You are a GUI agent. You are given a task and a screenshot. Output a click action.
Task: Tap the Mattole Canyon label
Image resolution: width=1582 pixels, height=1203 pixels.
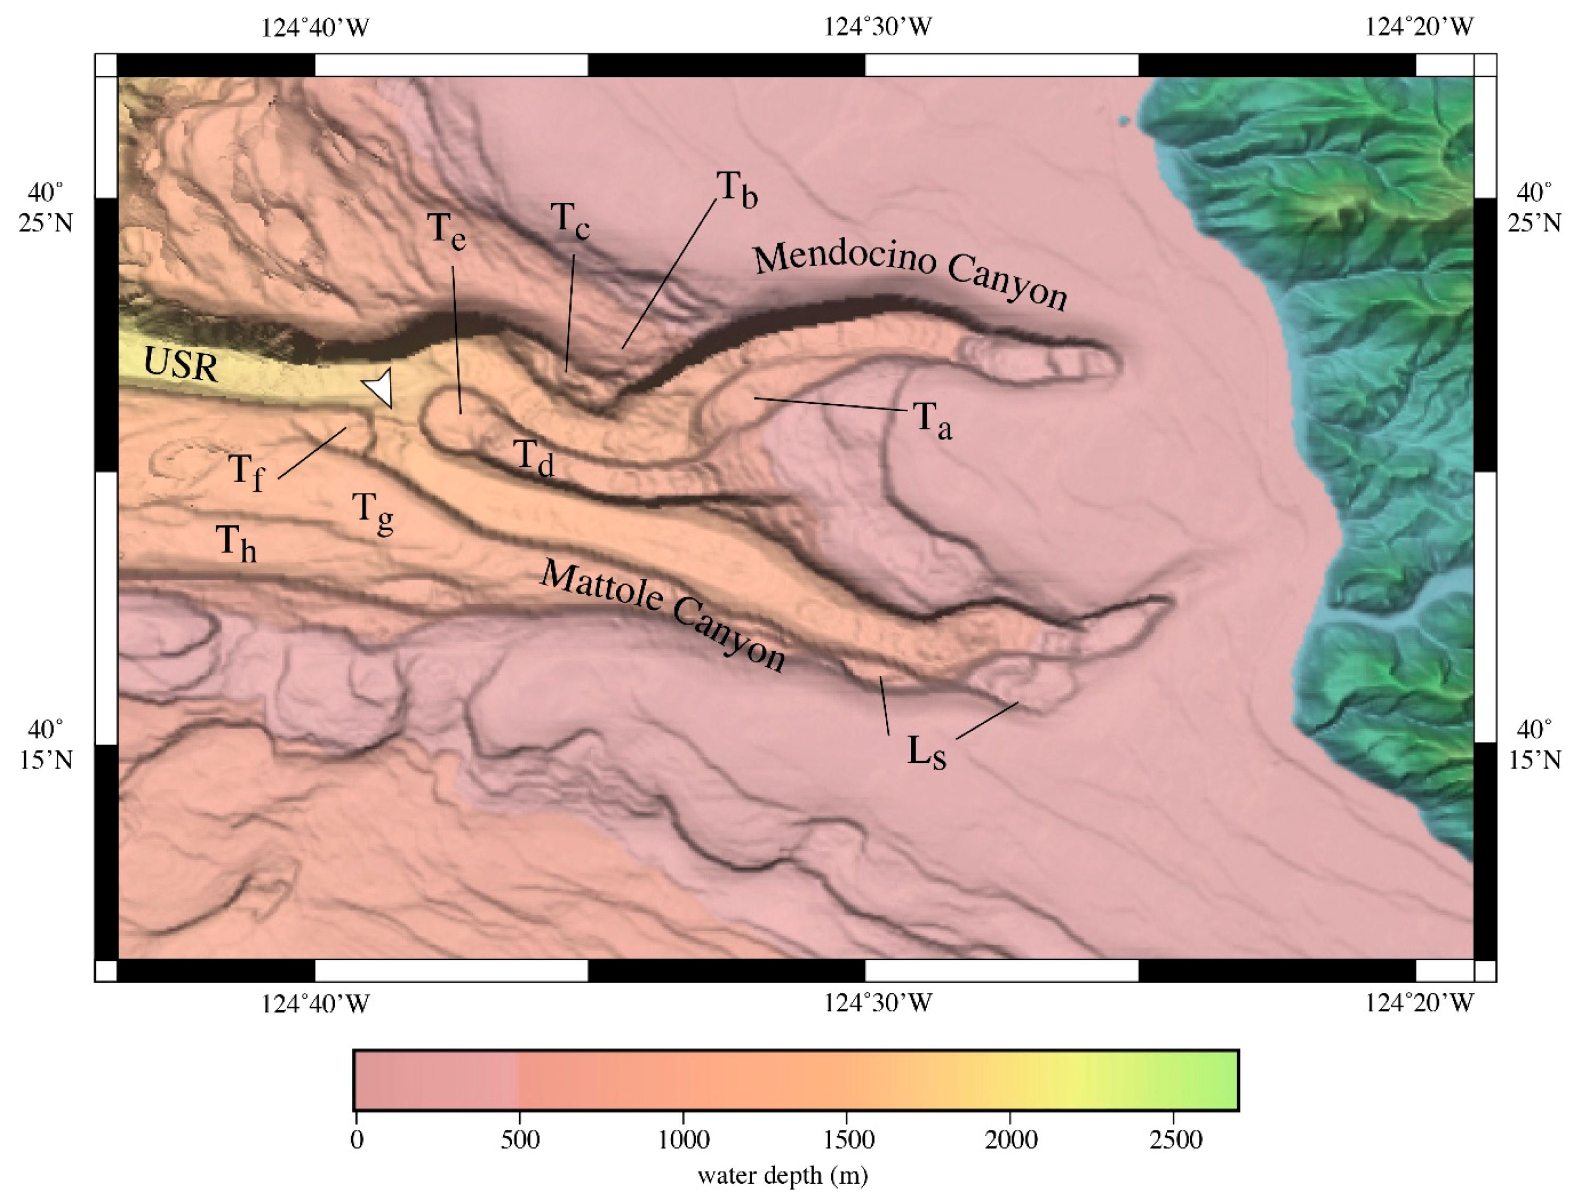pyautogui.click(x=663, y=616)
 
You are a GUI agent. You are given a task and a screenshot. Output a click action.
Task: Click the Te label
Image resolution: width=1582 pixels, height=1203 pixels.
pyautogui.click(x=447, y=231)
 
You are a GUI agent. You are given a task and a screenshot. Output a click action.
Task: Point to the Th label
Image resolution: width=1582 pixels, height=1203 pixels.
pyautogui.click(x=236, y=543)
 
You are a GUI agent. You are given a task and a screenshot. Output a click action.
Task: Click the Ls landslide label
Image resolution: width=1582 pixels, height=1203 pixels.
pyautogui.click(x=926, y=752)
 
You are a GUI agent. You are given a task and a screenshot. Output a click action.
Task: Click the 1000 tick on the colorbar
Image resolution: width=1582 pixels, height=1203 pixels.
pyautogui.click(x=684, y=1138)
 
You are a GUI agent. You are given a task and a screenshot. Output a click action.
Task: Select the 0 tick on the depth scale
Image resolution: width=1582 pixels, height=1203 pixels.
pyautogui.click(x=357, y=1138)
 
